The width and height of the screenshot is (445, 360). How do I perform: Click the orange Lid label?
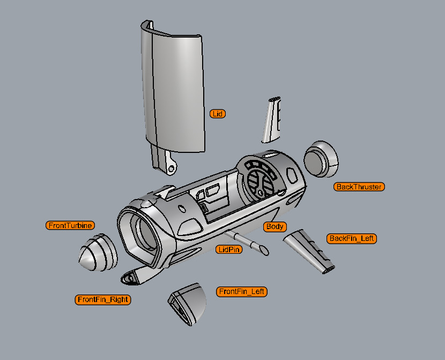pos(218,114)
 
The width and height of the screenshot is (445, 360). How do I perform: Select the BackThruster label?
pos(359,187)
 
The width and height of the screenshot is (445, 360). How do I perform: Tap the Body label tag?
pos(275,226)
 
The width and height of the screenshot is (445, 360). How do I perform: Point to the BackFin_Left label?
pos(352,238)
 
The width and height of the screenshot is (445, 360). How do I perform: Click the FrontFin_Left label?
pos(242,291)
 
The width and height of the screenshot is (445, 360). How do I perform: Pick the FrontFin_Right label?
pos(103,299)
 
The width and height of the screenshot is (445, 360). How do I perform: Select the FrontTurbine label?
pos(70,225)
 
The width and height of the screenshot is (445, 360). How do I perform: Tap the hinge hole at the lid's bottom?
pos(171,168)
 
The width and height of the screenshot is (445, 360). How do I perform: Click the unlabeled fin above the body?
pos(272,121)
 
